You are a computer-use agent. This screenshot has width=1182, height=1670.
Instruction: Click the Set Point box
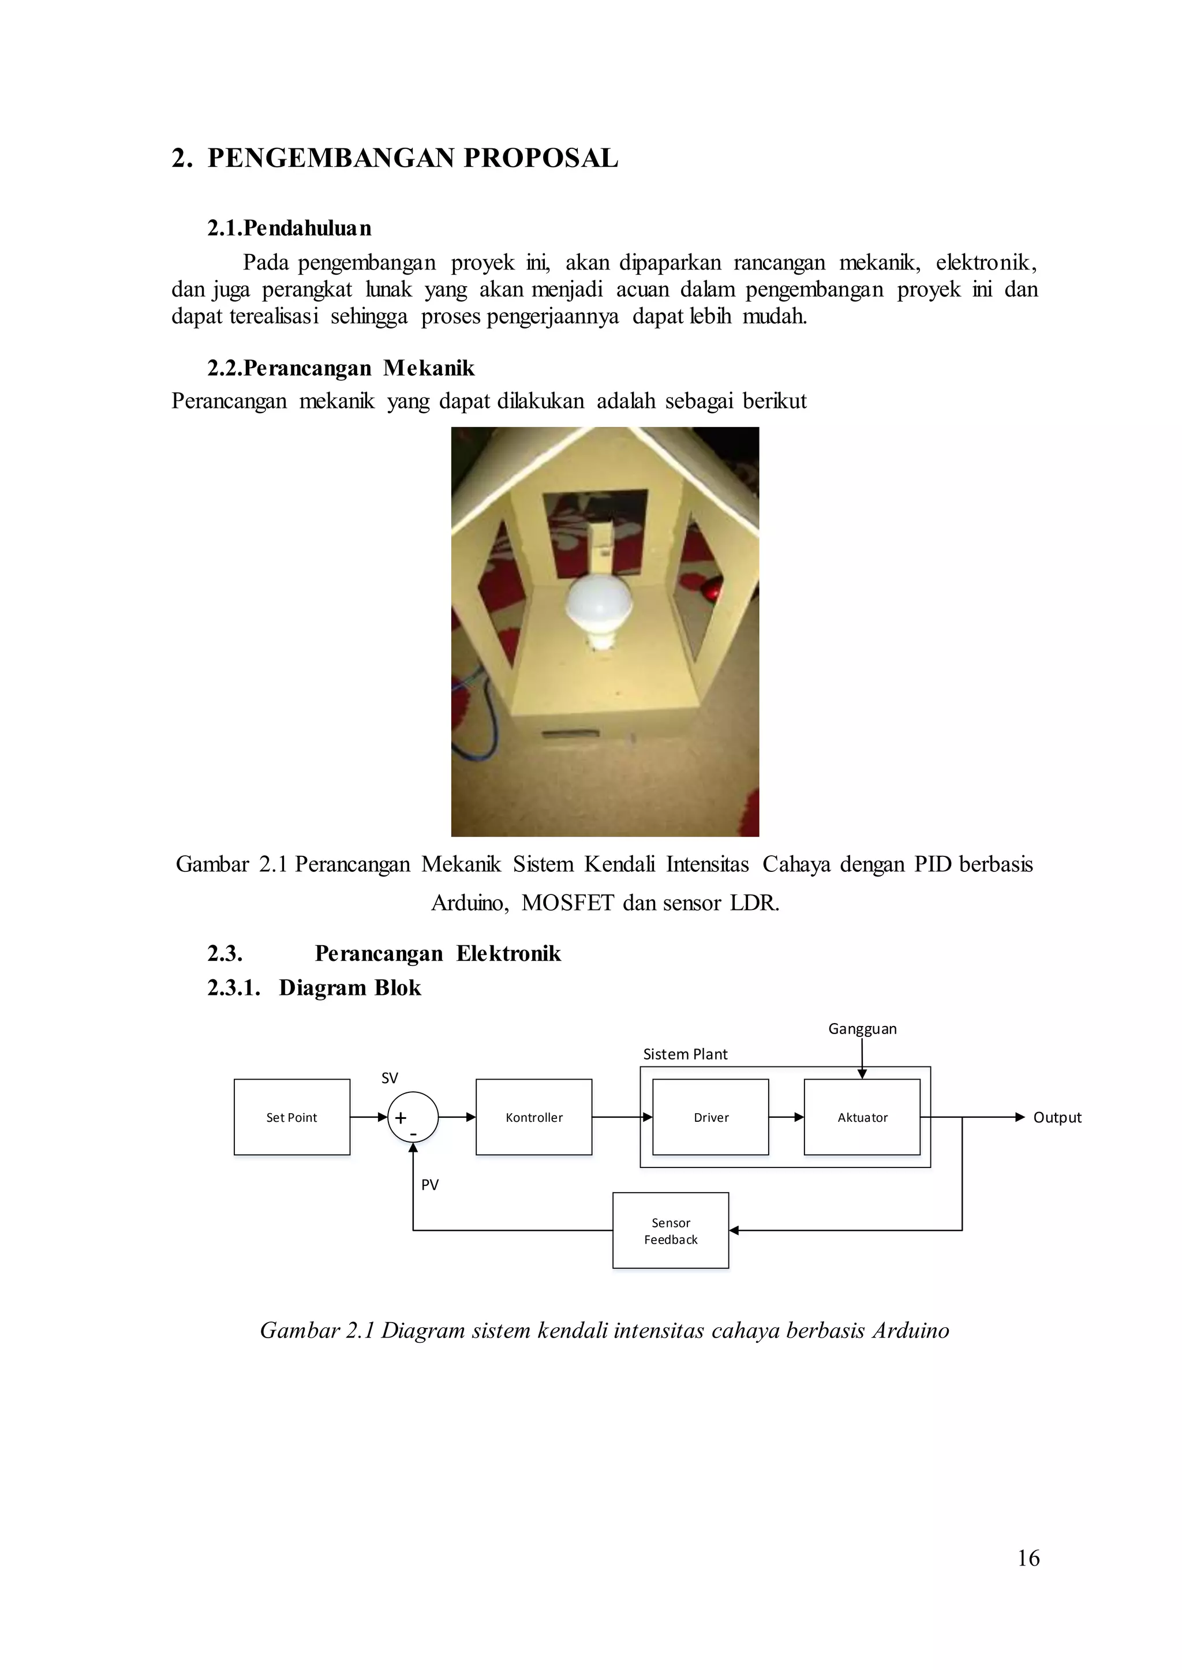pos(292,1117)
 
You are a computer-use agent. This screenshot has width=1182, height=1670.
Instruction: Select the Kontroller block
pos(533,1117)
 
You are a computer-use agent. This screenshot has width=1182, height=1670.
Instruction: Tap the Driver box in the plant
pos(710,1117)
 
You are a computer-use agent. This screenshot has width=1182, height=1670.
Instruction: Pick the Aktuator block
pos(862,1117)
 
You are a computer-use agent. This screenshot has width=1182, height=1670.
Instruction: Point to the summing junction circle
pos(413,1117)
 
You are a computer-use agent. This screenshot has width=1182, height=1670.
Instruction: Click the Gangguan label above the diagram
pos(862,1028)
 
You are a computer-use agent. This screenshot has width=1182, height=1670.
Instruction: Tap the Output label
pos(1057,1117)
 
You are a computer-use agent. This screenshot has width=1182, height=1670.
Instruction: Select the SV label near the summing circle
pos(390,1078)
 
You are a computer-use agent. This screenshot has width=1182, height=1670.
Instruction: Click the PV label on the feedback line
pos(429,1185)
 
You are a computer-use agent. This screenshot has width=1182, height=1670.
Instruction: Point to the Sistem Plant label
pos(685,1054)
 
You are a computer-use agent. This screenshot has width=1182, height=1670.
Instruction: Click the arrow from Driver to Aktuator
pos(786,1117)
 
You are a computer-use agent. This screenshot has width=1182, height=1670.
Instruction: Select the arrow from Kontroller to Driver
pos(622,1117)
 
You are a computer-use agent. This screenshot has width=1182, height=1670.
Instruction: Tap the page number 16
pos(1028,1558)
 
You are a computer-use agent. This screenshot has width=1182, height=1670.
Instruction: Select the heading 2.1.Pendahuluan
pos(289,228)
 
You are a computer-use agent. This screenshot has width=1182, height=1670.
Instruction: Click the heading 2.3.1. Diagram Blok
pos(314,987)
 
